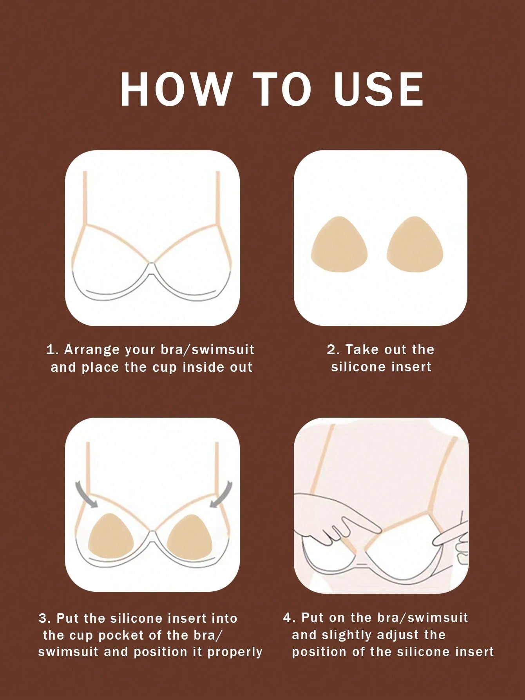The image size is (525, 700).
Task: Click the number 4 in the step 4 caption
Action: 288,617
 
